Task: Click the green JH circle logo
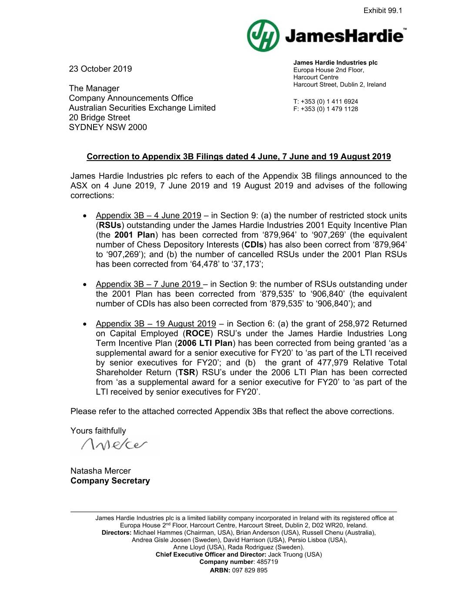click(263, 36)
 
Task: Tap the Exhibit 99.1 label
click(382, 10)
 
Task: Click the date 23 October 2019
click(100, 69)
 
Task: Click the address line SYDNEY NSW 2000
click(107, 127)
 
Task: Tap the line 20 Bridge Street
click(99, 117)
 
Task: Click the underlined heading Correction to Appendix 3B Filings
click(238, 157)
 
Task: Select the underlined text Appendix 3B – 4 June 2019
click(148, 215)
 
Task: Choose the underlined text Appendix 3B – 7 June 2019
click(148, 284)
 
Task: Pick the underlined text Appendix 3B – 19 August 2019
click(156, 324)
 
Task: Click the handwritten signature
click(114, 444)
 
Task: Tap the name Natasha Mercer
click(101, 471)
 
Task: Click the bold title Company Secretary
click(110, 481)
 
